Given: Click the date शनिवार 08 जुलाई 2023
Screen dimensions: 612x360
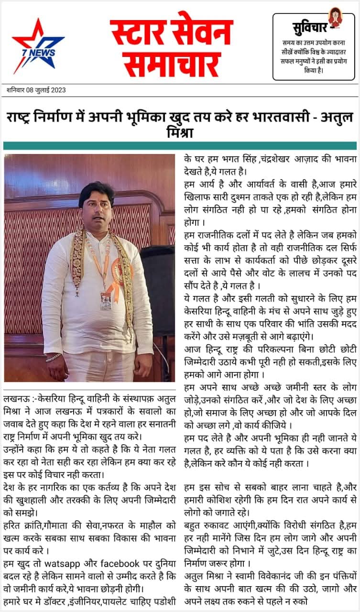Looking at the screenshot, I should coord(36,90).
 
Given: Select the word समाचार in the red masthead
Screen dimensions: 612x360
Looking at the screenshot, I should coord(171,64).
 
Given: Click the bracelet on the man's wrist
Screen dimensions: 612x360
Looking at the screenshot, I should coord(54,358).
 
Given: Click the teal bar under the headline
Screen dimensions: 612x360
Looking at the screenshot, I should coord(180,145).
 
